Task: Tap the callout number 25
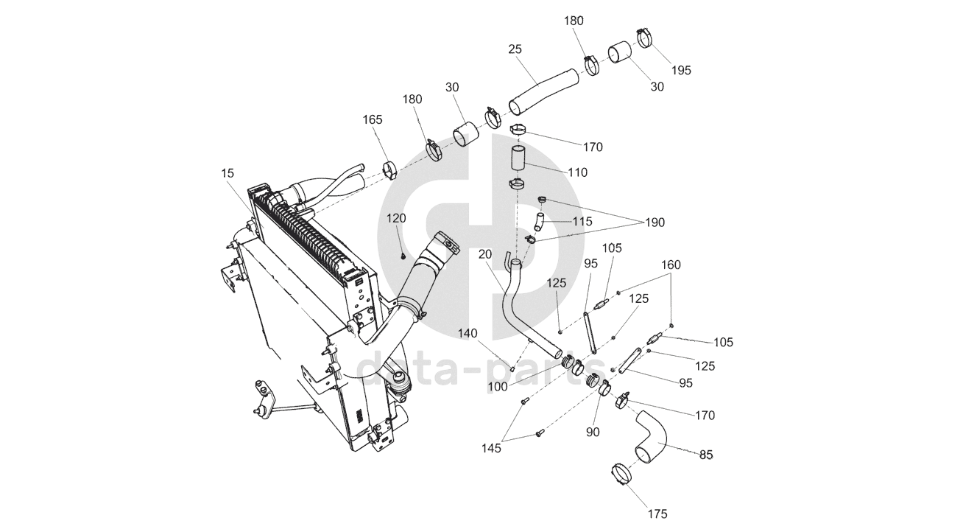coord(515,49)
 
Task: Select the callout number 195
coord(681,70)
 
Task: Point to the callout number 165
coord(373,119)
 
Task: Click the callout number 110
coord(578,172)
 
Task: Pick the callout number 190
coord(655,222)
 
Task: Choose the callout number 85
coord(706,455)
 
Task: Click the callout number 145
coord(493,447)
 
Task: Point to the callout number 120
coord(397,218)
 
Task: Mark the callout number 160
coord(671,265)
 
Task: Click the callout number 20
coord(485,254)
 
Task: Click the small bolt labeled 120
coord(404,256)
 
